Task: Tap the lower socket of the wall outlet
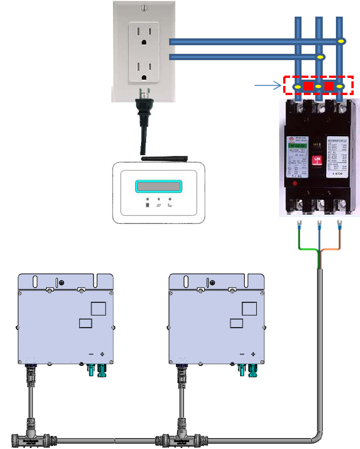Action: [143, 70]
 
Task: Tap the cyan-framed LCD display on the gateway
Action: [158, 187]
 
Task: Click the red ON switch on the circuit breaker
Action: [315, 161]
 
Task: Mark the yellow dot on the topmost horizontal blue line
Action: [341, 41]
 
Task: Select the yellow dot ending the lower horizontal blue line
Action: [321, 57]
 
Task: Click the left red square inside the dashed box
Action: [308, 86]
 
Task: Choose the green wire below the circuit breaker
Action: [307, 247]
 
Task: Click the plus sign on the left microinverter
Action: [101, 354]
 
